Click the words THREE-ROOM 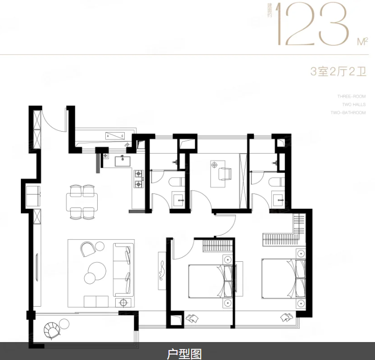[352, 96]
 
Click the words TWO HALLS [354, 105]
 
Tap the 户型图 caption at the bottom [184, 354]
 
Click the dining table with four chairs [83, 201]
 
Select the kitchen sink [122, 161]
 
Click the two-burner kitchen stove [138, 179]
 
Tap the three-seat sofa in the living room [123, 270]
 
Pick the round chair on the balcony [52, 330]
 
